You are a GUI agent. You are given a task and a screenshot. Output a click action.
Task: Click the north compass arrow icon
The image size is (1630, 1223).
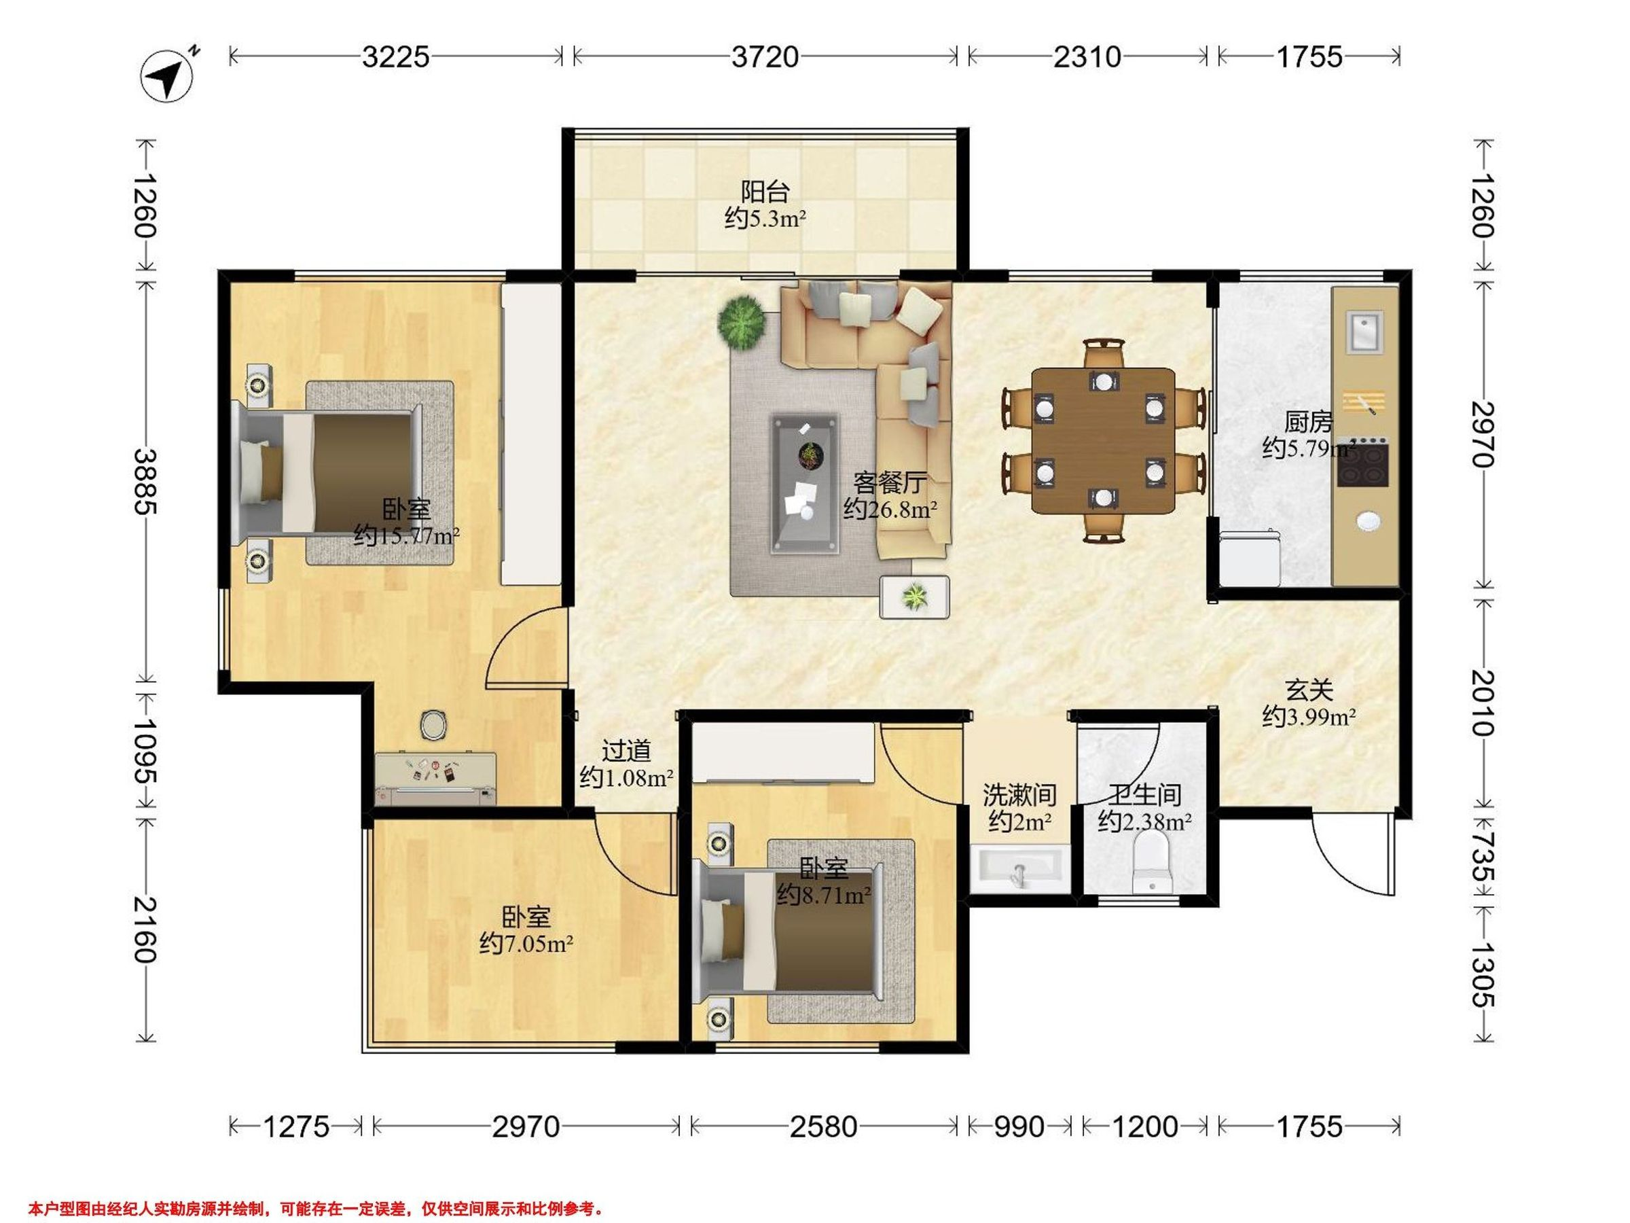[x=167, y=75]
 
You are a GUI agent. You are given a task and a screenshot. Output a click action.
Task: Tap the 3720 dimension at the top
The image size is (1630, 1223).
[x=765, y=57]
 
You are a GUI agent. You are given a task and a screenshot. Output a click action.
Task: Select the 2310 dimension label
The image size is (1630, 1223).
[x=1087, y=57]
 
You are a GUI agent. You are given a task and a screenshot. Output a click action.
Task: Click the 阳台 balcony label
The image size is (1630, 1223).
[x=765, y=192]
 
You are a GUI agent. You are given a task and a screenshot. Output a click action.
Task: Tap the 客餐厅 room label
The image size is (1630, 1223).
[x=890, y=483]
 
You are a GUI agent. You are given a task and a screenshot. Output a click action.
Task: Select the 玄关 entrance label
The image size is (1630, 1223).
[x=1309, y=691]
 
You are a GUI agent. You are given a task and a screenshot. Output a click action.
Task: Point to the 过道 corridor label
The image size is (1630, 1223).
[x=626, y=751]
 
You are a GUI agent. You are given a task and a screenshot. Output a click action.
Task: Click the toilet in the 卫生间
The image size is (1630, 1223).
[x=1152, y=861]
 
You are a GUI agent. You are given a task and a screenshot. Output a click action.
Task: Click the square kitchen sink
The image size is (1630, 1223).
[x=1364, y=332]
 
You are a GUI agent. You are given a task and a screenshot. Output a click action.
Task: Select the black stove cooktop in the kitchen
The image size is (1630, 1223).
[x=1363, y=462]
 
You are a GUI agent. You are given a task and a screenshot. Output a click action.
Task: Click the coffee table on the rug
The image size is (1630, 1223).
[x=805, y=484]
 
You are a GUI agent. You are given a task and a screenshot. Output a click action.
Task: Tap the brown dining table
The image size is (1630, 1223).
[x=1103, y=441]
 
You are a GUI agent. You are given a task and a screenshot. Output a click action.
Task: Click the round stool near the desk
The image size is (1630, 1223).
[x=433, y=725]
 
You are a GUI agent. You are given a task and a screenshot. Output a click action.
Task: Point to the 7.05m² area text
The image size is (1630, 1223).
[x=526, y=944]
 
